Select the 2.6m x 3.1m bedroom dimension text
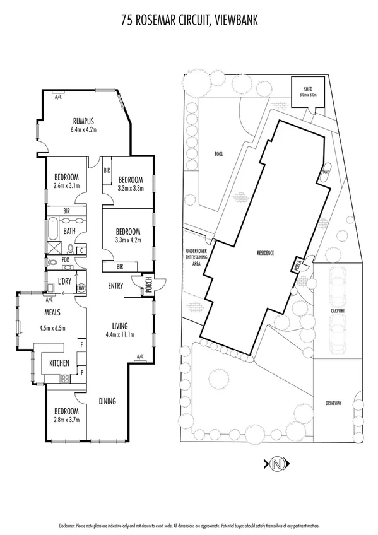pyautogui.click(x=66, y=185)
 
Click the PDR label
pyautogui.click(x=65, y=259)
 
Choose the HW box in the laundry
pyautogui.click(x=81, y=288)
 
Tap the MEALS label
pyautogui.click(x=52, y=312)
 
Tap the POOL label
pyautogui.click(x=218, y=153)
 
